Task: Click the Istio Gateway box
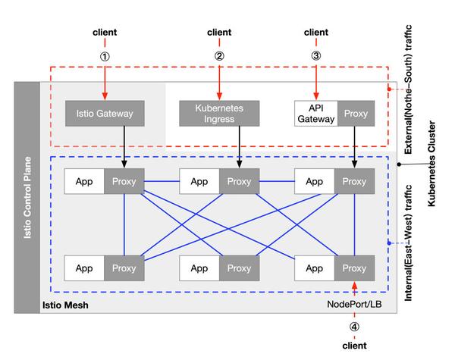tap(105, 114)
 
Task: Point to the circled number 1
tap(105, 55)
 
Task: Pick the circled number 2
tap(220, 55)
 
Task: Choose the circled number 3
tap(315, 55)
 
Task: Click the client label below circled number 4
tap(354, 345)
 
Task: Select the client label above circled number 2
tap(220, 33)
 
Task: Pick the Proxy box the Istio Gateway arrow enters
tap(124, 181)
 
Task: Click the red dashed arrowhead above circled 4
tap(354, 286)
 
